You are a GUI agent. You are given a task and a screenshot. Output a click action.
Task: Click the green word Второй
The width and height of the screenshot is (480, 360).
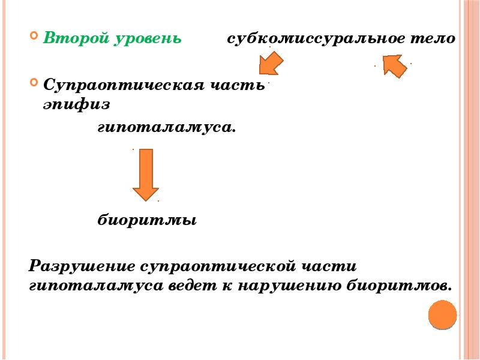76,38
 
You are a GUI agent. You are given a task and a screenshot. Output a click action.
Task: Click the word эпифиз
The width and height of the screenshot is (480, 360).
76,104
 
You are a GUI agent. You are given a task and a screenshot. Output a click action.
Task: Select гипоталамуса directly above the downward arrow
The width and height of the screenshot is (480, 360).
167,127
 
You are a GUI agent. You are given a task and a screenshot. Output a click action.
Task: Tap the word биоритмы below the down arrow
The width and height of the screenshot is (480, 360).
147,220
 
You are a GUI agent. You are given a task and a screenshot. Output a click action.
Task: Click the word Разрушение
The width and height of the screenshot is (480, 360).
82,265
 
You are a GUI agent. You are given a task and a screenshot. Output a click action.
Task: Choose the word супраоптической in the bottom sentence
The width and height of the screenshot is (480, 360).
218,266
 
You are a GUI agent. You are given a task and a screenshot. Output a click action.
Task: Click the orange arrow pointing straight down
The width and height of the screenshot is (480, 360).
146,175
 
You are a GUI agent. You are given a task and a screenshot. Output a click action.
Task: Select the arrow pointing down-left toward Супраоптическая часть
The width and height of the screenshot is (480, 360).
271,64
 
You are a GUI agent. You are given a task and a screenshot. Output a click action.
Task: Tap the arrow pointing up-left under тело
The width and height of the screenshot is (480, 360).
395,66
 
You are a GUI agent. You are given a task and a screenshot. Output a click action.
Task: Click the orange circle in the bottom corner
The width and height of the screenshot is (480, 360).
442,315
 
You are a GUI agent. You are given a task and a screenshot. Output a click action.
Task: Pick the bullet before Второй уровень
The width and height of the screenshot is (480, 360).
34,35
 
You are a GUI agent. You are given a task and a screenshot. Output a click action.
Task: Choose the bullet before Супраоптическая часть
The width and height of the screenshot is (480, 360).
34,82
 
